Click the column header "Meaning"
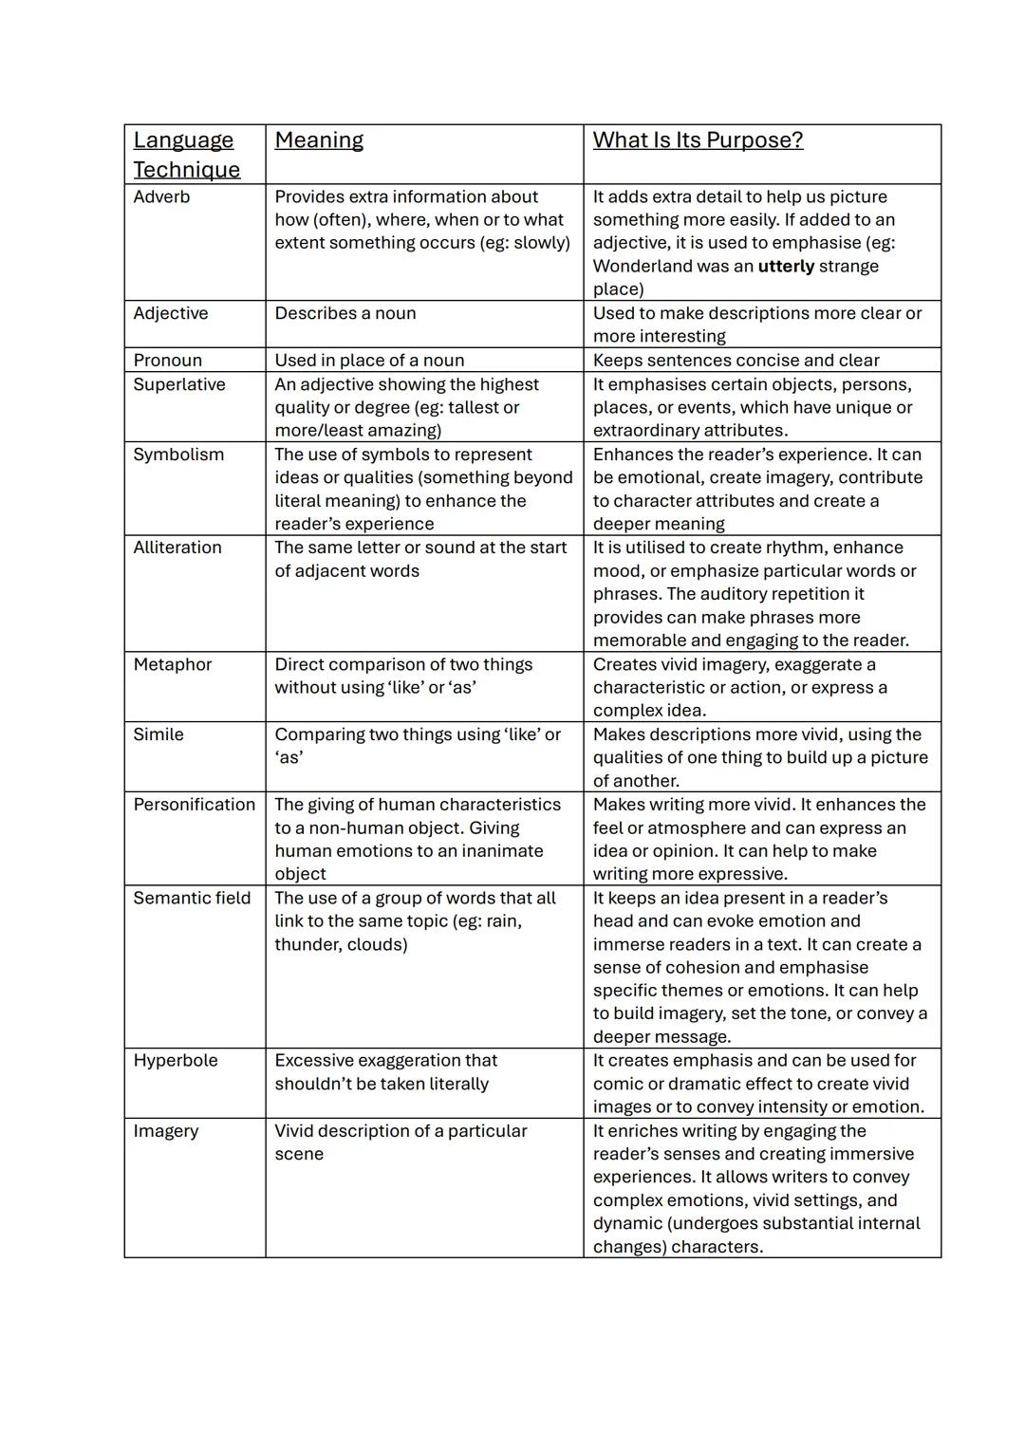(319, 140)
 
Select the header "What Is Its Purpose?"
(698, 140)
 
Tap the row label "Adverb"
(161, 196)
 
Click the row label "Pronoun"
(167, 360)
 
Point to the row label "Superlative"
(179, 384)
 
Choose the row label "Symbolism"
(178, 455)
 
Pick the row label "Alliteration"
(177, 548)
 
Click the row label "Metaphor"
(173, 664)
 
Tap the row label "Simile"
(158, 734)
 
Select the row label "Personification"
(195, 805)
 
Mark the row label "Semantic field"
(192, 898)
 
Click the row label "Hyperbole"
(176, 1060)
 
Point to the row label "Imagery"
(166, 1130)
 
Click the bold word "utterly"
(786, 267)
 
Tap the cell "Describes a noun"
(345, 313)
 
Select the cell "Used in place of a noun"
(369, 360)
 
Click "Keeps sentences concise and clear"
(736, 360)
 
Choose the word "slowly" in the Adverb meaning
(538, 243)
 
